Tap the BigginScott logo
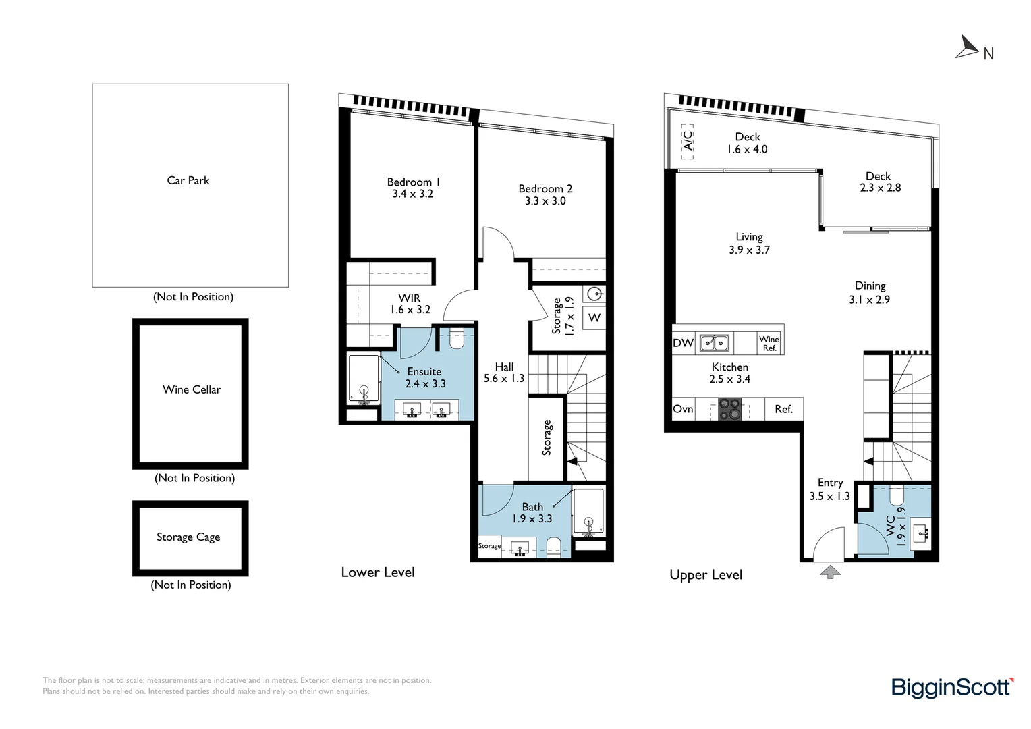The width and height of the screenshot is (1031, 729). point(952,687)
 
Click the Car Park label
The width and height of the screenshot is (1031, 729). point(188,180)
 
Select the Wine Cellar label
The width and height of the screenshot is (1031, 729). point(192,389)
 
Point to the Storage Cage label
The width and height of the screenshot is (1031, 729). point(188,537)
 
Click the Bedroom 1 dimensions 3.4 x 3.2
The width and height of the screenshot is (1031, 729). point(412,194)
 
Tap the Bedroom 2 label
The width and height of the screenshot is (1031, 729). point(545,189)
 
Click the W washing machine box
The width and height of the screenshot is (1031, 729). point(594,317)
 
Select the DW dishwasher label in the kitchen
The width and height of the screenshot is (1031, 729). point(683,343)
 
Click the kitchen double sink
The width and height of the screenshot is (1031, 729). point(714,343)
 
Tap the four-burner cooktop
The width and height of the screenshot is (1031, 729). point(729,409)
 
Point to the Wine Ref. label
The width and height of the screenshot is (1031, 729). point(769,343)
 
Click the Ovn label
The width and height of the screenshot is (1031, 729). point(683,409)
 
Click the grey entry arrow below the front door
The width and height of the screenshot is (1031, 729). point(830,572)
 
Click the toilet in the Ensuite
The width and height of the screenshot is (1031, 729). point(457,339)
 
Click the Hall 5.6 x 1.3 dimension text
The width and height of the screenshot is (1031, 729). point(504,379)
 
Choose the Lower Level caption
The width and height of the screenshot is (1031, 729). point(378,572)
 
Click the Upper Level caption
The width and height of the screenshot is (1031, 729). point(706,575)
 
